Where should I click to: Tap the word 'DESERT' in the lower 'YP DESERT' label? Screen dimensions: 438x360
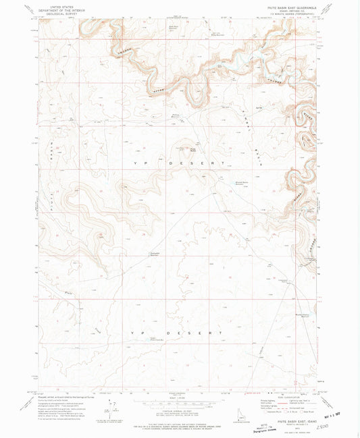pyautogui.click(x=205, y=333)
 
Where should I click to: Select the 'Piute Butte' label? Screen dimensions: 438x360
pyautogui.click(x=192, y=149)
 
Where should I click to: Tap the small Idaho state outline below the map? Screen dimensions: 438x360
pyautogui.click(x=242, y=411)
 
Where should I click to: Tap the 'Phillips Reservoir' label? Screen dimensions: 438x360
pyautogui.click(x=176, y=115)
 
